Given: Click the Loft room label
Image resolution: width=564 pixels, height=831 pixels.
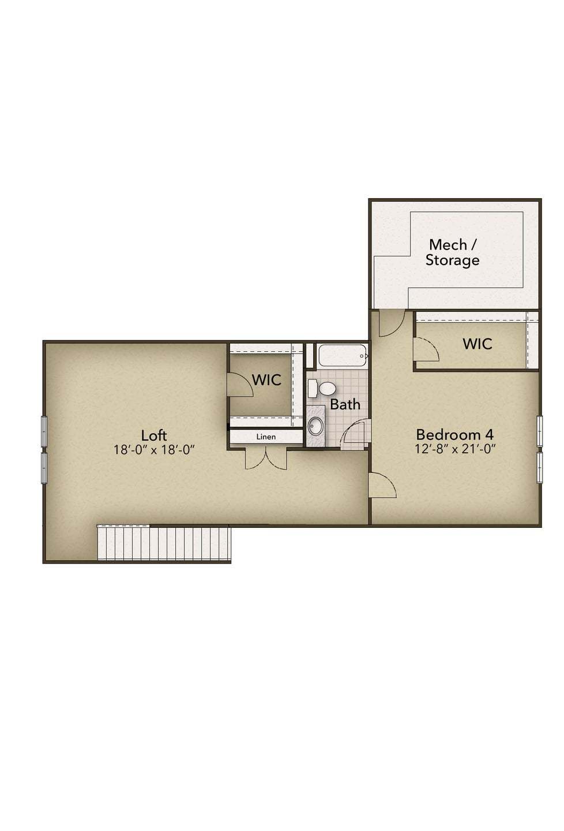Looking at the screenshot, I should (154, 435).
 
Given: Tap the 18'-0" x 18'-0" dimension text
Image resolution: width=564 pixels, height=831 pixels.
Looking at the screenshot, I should (155, 450).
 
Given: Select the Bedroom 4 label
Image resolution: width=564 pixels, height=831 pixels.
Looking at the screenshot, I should (454, 434).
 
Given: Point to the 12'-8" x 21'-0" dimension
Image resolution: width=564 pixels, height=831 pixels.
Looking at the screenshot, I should (455, 449).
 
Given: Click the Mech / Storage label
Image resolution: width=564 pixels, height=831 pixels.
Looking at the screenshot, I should (453, 252).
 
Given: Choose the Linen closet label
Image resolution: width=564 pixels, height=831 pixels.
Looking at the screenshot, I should (266, 437).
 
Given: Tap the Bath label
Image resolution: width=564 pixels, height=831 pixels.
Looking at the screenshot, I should (345, 404).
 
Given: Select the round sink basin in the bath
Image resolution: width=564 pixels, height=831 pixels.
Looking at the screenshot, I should (315, 426).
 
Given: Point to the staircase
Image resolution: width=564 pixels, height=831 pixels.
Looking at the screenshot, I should (164, 542).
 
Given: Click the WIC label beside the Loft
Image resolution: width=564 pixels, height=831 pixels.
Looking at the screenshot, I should (266, 380).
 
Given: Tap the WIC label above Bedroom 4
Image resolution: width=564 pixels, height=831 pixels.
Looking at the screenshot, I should (477, 344).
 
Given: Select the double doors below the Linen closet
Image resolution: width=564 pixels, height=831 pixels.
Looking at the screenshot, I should (266, 457).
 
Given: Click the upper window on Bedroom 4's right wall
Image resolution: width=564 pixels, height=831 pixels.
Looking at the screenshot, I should (540, 430).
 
